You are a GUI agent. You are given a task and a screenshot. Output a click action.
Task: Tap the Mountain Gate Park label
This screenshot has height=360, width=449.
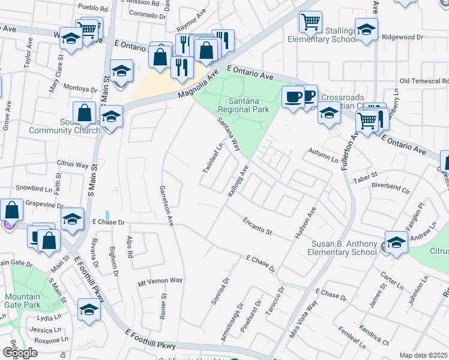(22, 301)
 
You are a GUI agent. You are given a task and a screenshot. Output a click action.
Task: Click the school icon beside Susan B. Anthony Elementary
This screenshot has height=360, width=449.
(396, 243)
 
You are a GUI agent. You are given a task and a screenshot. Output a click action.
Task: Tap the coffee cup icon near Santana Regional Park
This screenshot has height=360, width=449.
(293, 97)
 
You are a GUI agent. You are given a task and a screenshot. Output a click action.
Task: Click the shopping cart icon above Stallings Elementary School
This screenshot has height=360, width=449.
(311, 23)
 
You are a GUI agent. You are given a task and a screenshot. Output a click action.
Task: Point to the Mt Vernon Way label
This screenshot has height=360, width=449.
(160, 280)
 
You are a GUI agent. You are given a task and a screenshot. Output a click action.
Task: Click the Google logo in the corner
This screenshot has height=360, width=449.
(20, 353)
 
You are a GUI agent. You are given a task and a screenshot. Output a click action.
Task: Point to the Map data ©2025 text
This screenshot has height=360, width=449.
(423, 355)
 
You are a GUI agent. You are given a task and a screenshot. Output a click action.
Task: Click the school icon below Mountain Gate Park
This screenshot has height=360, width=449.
(89, 311)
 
